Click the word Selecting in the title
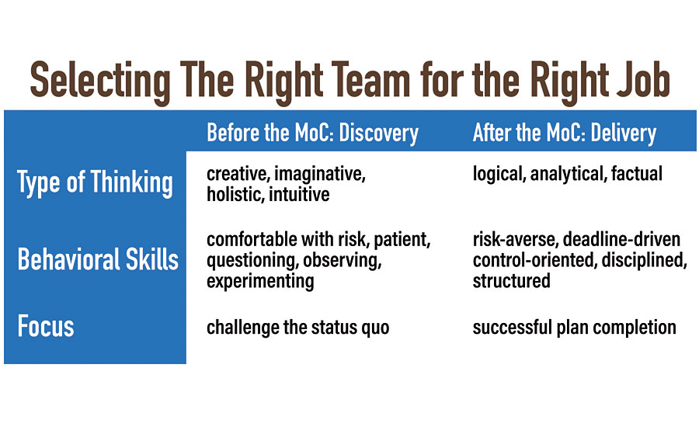[100, 81]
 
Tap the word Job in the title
[643, 80]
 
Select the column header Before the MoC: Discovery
[312, 134]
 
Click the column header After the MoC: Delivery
[565, 134]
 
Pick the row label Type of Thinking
[95, 183]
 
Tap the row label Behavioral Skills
[98, 259]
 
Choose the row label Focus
[46, 326]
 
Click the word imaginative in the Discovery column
[320, 174]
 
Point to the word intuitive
[299, 194]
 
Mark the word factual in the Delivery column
[637, 173]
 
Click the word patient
[402, 240]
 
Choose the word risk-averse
[516, 240]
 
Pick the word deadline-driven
[621, 240]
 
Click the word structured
[511, 281]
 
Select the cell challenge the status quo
[297, 328]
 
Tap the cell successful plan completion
[574, 328]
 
